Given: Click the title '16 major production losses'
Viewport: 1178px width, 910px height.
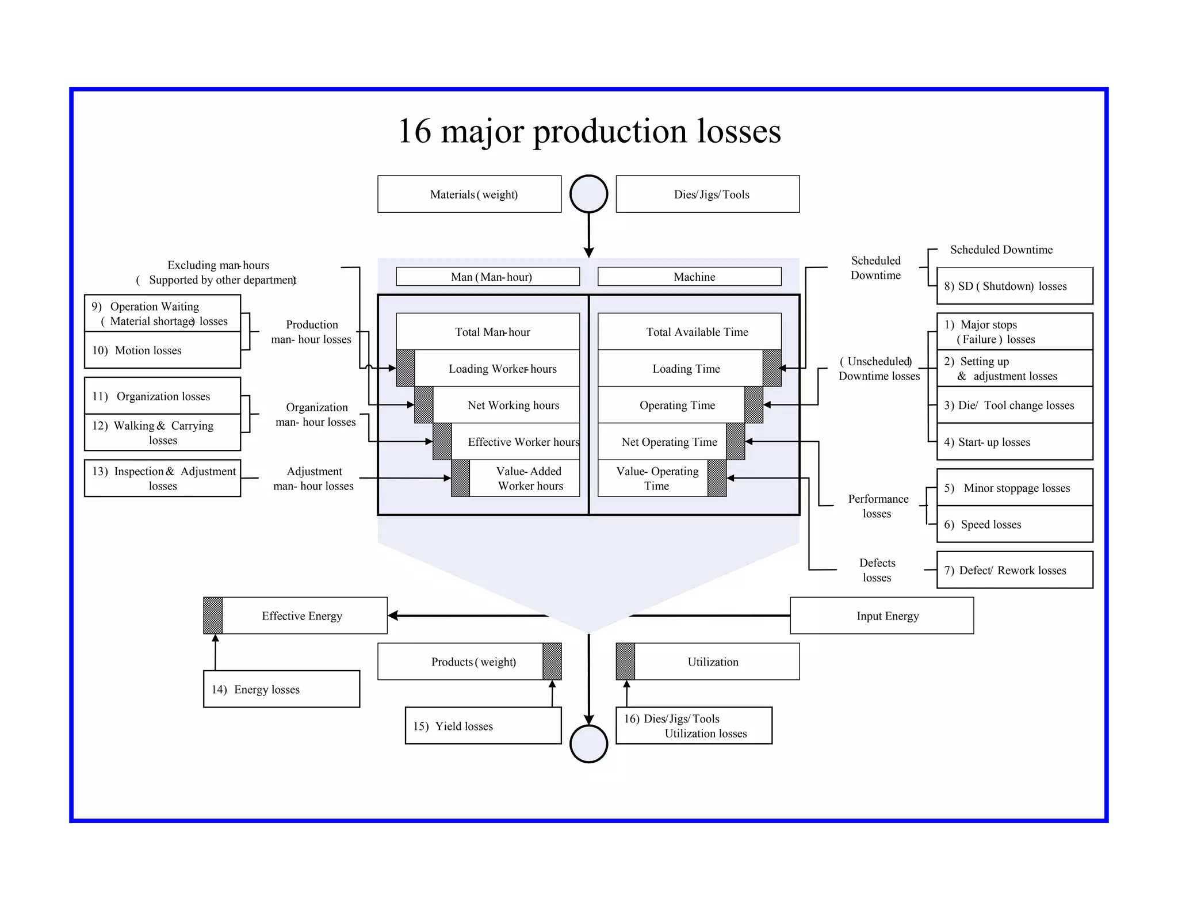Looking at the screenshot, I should coord(589,131).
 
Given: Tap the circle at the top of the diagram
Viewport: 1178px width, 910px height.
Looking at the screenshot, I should coord(588,194).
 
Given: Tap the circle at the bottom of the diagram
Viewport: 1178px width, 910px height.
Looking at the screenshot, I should coord(588,744).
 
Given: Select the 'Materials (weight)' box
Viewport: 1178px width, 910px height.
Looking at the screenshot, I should coord(469,194).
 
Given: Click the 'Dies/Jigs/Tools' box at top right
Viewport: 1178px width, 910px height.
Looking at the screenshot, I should coord(707,194).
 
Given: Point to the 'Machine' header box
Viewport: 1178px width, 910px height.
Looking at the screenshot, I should coord(690,277).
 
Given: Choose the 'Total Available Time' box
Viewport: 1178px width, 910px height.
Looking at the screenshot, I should coord(690,332).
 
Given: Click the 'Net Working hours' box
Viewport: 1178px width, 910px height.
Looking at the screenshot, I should coord(506,405).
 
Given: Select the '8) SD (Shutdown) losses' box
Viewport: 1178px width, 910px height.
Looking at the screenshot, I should coord(1015,286).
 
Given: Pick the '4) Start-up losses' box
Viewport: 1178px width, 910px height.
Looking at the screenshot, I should coord(1015,442).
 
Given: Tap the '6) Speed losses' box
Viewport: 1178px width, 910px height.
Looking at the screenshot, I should coord(1015,524).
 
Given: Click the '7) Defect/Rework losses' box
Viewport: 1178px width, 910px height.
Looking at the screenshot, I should coord(1015,570).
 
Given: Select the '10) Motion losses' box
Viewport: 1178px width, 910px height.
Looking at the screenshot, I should coord(162,350).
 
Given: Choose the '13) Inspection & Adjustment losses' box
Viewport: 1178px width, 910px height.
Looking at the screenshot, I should coord(162,478).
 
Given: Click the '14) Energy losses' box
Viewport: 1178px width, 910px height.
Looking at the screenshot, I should coord(281,689).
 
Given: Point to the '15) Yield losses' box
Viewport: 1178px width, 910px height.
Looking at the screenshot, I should coord(483,726).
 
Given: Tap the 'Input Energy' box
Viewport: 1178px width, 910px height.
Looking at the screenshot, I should coord(882,616).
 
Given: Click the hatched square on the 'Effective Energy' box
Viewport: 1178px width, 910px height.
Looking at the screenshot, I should coord(213,615).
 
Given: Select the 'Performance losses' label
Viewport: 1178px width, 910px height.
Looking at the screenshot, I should coord(878,506).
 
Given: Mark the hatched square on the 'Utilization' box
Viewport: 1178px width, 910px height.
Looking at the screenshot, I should coord(626,662).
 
